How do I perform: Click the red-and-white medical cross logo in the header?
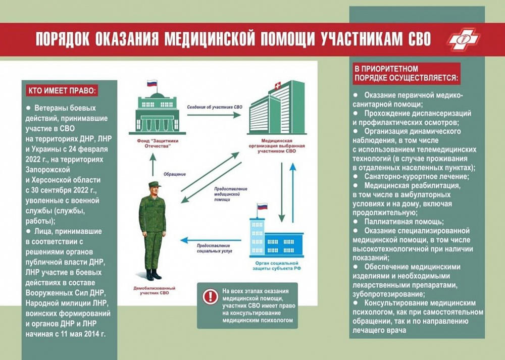pos(464,39)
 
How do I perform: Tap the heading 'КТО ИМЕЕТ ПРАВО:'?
pos(62,90)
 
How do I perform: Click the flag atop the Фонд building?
pos(151,83)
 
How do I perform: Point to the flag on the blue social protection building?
pos(262,207)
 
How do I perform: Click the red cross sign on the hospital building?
pos(277,86)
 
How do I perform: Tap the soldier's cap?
pos(154,184)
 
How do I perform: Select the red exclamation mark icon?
pos(210,296)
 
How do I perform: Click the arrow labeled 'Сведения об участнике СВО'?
pos(214,115)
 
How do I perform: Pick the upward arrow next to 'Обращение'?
pos(153,165)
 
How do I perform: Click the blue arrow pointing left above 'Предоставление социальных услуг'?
pos(211,240)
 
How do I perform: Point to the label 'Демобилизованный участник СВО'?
pos(155,290)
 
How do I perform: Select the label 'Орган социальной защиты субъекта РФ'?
pos(277,266)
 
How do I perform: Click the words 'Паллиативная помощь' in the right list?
pos(404,222)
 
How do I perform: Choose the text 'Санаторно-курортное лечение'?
pos(417,176)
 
